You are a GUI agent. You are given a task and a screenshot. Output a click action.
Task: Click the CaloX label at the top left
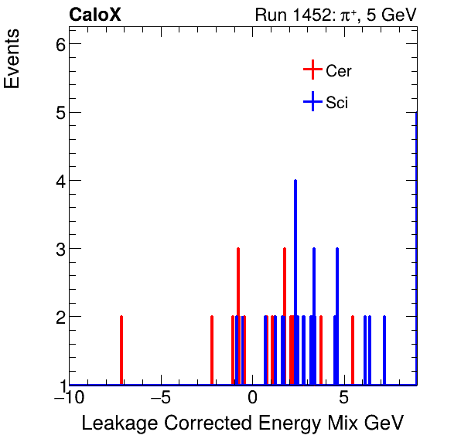(94, 15)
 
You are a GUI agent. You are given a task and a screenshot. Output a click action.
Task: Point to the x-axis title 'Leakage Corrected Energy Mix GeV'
(242, 423)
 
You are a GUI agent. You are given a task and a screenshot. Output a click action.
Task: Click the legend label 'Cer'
(339, 71)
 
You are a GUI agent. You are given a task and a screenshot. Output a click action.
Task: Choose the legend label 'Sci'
(336, 103)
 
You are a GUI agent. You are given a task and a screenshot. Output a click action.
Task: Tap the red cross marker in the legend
(312, 70)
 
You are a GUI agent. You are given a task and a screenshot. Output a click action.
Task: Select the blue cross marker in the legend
(312, 102)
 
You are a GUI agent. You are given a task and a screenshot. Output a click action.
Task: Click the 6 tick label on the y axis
(56, 44)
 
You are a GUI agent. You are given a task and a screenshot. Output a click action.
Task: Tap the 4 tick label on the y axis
(56, 181)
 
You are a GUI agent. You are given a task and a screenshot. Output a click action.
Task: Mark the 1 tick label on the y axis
(56, 385)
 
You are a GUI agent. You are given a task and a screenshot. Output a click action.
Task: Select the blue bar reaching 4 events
(295, 282)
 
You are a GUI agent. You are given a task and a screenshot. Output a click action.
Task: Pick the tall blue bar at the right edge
(416, 247)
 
